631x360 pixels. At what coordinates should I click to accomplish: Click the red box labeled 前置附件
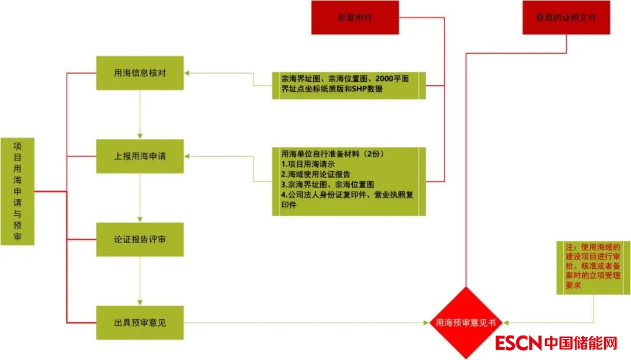[355, 18]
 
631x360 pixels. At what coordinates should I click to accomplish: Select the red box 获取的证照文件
[566, 18]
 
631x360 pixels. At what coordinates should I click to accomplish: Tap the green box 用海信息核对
[140, 73]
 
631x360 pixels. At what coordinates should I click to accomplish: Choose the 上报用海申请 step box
[140, 156]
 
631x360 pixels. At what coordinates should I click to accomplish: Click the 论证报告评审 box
[140, 239]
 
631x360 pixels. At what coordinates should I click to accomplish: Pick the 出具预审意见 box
[140, 322]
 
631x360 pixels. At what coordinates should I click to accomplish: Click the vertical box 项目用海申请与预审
[17, 191]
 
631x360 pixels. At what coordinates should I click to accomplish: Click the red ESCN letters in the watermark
[518, 342]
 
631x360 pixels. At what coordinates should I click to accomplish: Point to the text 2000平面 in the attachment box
[396, 78]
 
